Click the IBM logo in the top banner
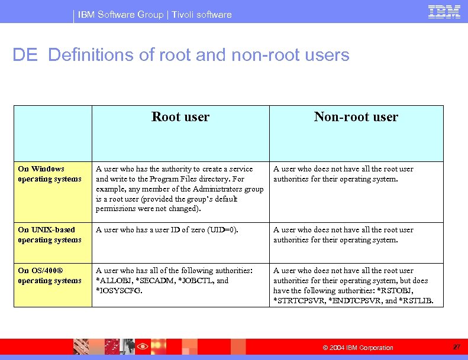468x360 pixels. [x=444, y=12]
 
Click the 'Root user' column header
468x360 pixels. [x=180, y=117]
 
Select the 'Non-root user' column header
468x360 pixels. [x=356, y=117]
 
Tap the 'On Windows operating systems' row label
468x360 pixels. [x=50, y=174]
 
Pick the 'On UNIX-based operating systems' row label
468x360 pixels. [x=50, y=235]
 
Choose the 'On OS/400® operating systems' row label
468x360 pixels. [x=50, y=275]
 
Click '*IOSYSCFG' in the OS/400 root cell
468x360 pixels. [x=119, y=291]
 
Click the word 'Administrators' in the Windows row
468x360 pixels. [x=211, y=189]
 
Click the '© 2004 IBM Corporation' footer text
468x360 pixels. [x=357, y=348]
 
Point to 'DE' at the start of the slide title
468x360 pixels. [x=25, y=55]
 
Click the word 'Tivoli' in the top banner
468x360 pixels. [x=184, y=14]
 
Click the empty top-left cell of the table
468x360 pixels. [x=53, y=133]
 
